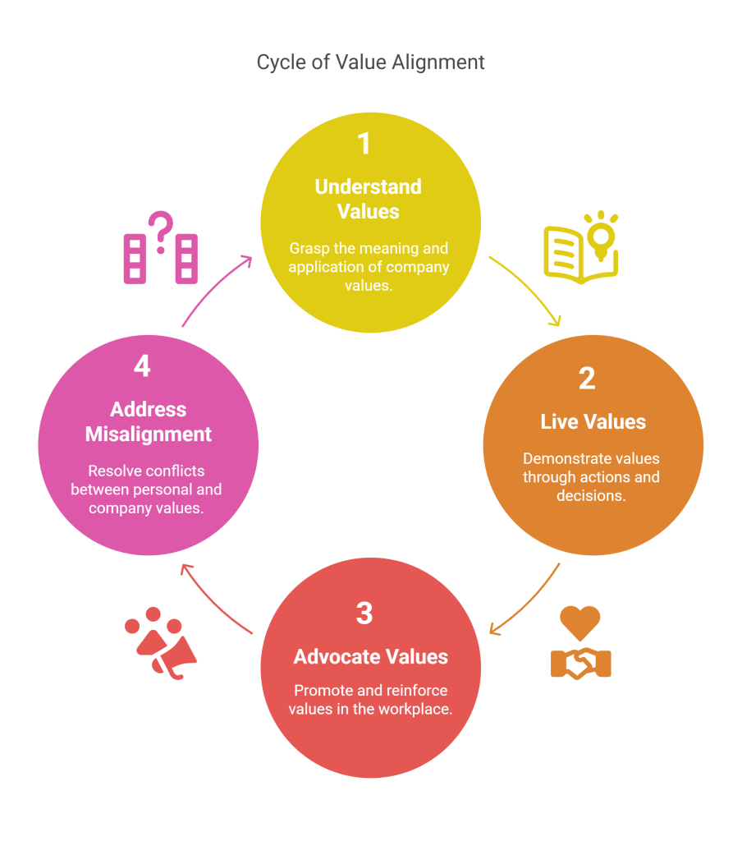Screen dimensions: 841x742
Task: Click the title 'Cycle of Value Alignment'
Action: tap(370, 62)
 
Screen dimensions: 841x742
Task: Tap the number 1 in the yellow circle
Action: tap(364, 144)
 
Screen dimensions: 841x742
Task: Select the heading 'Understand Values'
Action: tap(368, 199)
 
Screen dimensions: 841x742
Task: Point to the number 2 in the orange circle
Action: tap(586, 379)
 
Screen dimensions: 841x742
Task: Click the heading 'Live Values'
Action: tap(593, 422)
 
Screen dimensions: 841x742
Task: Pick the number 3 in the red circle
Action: tap(364, 613)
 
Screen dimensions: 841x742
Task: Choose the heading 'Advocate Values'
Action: tap(371, 657)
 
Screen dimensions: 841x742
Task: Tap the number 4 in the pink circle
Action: tap(142, 367)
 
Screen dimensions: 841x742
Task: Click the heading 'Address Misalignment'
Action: tap(149, 421)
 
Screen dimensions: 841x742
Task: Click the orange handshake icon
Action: tap(580, 663)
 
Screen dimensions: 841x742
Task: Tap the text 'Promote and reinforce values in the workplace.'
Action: tap(370, 700)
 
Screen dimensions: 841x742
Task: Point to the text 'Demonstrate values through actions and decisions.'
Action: tap(591, 477)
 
